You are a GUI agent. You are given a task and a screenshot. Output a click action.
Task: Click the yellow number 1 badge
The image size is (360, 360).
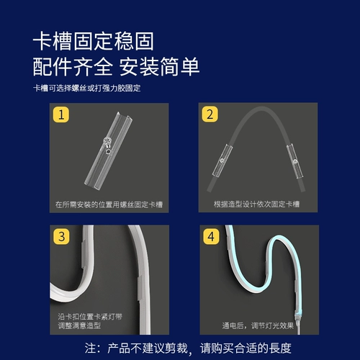click(x=61, y=114)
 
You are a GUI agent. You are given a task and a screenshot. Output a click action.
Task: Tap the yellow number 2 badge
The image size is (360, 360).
click(x=210, y=114)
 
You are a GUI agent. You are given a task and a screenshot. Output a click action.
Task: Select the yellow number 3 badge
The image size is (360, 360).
click(x=62, y=236)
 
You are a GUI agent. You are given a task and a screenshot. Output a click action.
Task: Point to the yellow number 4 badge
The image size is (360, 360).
click(x=211, y=236)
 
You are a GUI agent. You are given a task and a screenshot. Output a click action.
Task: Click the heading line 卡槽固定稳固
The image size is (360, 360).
click(x=93, y=41)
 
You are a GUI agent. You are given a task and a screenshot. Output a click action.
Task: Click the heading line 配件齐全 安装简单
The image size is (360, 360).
click(x=116, y=66)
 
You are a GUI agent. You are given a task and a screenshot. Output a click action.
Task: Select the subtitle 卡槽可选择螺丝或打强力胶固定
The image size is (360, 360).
click(x=86, y=88)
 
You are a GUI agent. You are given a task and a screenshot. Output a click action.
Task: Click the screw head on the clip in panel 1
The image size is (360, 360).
click(x=107, y=140)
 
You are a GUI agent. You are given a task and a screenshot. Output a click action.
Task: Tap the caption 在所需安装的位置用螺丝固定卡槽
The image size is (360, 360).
click(x=109, y=204)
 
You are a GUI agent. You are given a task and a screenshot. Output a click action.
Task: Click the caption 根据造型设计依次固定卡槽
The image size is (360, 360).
click(x=256, y=204)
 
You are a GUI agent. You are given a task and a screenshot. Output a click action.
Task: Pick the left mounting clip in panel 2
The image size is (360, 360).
click(x=222, y=161)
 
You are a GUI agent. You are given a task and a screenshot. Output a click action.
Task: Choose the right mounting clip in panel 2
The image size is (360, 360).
click(x=294, y=161)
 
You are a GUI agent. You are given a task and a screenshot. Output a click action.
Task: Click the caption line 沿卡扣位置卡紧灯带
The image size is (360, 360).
click(x=90, y=317)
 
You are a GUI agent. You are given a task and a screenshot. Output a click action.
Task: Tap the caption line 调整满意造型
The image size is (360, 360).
click(x=79, y=325)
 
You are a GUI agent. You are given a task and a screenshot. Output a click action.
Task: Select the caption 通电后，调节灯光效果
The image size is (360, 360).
click(x=258, y=325)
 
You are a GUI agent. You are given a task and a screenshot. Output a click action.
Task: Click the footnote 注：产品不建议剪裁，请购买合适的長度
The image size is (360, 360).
click(x=188, y=348)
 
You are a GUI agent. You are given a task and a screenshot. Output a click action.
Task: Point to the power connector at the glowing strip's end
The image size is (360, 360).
click(x=298, y=322)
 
